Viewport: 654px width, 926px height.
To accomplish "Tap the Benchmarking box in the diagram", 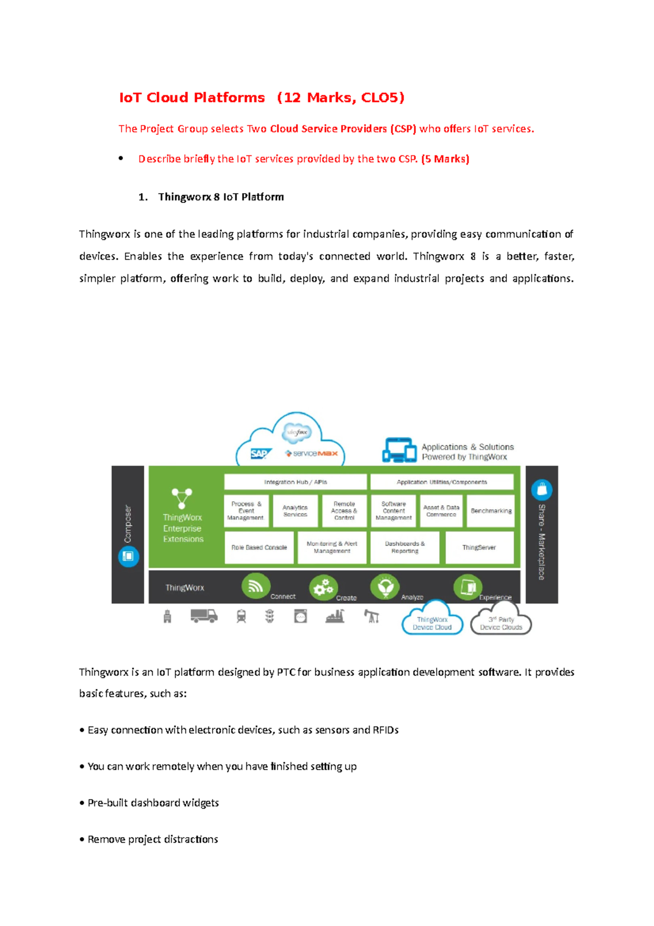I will [x=491, y=511].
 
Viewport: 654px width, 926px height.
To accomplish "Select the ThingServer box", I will [x=479, y=548].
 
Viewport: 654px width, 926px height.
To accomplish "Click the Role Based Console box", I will [x=259, y=548].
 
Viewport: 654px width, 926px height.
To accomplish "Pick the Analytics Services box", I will [x=295, y=511].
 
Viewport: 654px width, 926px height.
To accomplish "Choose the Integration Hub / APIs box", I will [x=295, y=482].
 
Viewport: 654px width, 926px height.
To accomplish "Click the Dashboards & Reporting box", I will [x=404, y=548].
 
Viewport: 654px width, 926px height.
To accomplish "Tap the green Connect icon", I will [x=256, y=587].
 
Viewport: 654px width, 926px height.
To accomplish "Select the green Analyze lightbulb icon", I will [x=385, y=587].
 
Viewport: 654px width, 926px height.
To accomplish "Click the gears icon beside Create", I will [x=323, y=588].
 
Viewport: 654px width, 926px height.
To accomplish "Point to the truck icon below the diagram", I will [x=204, y=616].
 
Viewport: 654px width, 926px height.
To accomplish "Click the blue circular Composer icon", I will [x=129, y=556].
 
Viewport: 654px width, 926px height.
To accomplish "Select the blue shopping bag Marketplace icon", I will [x=542, y=489].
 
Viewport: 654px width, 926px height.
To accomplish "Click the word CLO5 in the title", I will [x=382, y=98].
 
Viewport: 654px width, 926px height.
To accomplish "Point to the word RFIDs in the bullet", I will [x=385, y=730].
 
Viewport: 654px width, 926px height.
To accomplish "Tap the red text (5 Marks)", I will [x=445, y=159].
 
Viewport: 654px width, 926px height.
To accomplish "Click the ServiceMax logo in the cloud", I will [x=312, y=454].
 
